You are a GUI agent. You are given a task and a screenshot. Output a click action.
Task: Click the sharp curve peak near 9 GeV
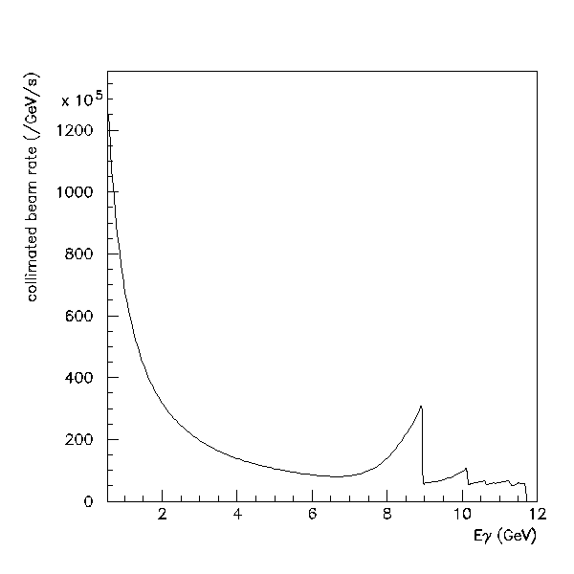pos(421,407)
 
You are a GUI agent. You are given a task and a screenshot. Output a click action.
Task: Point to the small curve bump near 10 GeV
pos(466,469)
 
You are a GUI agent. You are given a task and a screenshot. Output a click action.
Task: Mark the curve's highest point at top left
pos(109,115)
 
